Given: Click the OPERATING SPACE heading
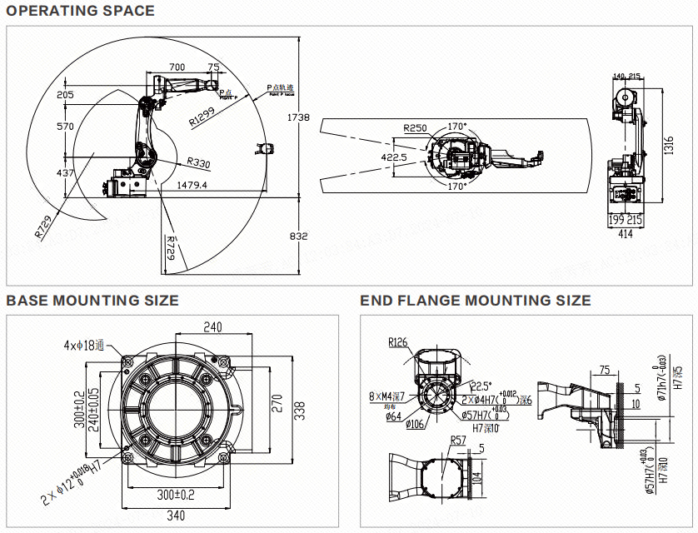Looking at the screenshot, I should [x=81, y=11].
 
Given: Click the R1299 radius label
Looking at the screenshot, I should [x=205, y=116].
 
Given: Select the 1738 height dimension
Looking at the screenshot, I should [x=298, y=118].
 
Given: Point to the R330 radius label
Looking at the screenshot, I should [x=198, y=162].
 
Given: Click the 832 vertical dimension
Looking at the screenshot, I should [x=298, y=237].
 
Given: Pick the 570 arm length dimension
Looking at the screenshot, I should [x=65, y=127].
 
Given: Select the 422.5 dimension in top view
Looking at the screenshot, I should [x=394, y=157].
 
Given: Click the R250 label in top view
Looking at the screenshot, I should [x=415, y=128].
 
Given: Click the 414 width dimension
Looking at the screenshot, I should [x=625, y=235].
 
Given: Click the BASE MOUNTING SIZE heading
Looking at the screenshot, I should [x=92, y=301].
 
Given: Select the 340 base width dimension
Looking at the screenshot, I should [x=176, y=516].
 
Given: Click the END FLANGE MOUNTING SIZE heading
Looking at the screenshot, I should [x=476, y=301].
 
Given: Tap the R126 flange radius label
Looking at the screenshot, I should [x=396, y=341].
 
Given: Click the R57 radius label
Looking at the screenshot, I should [x=458, y=440].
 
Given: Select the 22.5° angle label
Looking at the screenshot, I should [x=481, y=386].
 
